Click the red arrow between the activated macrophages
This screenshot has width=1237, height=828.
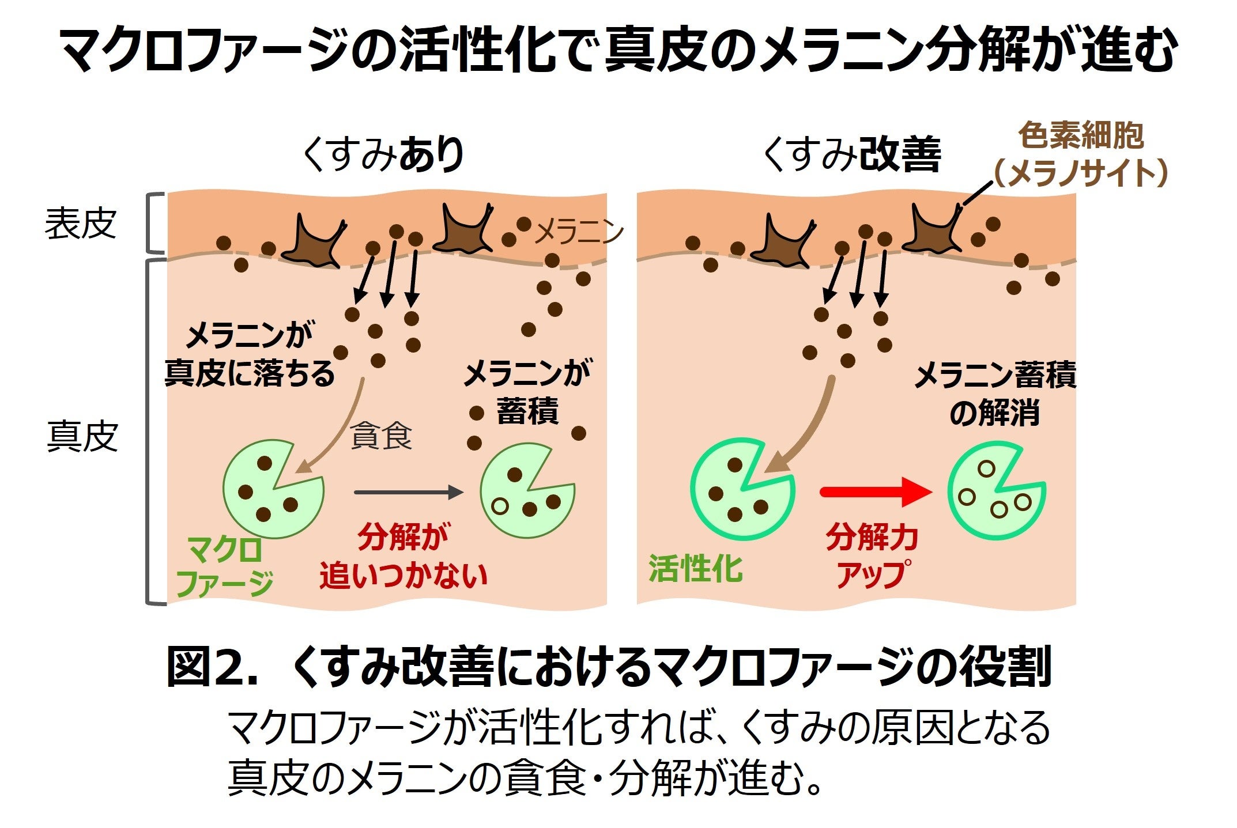click(875, 492)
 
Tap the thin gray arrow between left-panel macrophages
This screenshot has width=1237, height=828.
click(408, 492)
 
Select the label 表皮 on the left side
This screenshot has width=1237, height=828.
click(81, 224)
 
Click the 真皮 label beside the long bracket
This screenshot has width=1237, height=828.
click(82, 437)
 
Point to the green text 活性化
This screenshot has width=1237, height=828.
click(696, 569)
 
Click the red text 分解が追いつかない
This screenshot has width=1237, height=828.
click(403, 557)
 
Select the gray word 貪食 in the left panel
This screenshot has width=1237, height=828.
click(381, 436)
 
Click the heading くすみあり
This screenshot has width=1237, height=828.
click(383, 155)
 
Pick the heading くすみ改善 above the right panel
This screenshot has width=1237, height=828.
click(851, 155)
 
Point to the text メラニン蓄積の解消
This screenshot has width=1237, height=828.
click(995, 394)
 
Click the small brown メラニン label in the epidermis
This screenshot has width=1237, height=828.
click(579, 232)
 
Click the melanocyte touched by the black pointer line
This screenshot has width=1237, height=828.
click(933, 230)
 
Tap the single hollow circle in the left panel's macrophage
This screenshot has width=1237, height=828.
click(500, 506)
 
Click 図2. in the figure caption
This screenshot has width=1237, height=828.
click(211, 667)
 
